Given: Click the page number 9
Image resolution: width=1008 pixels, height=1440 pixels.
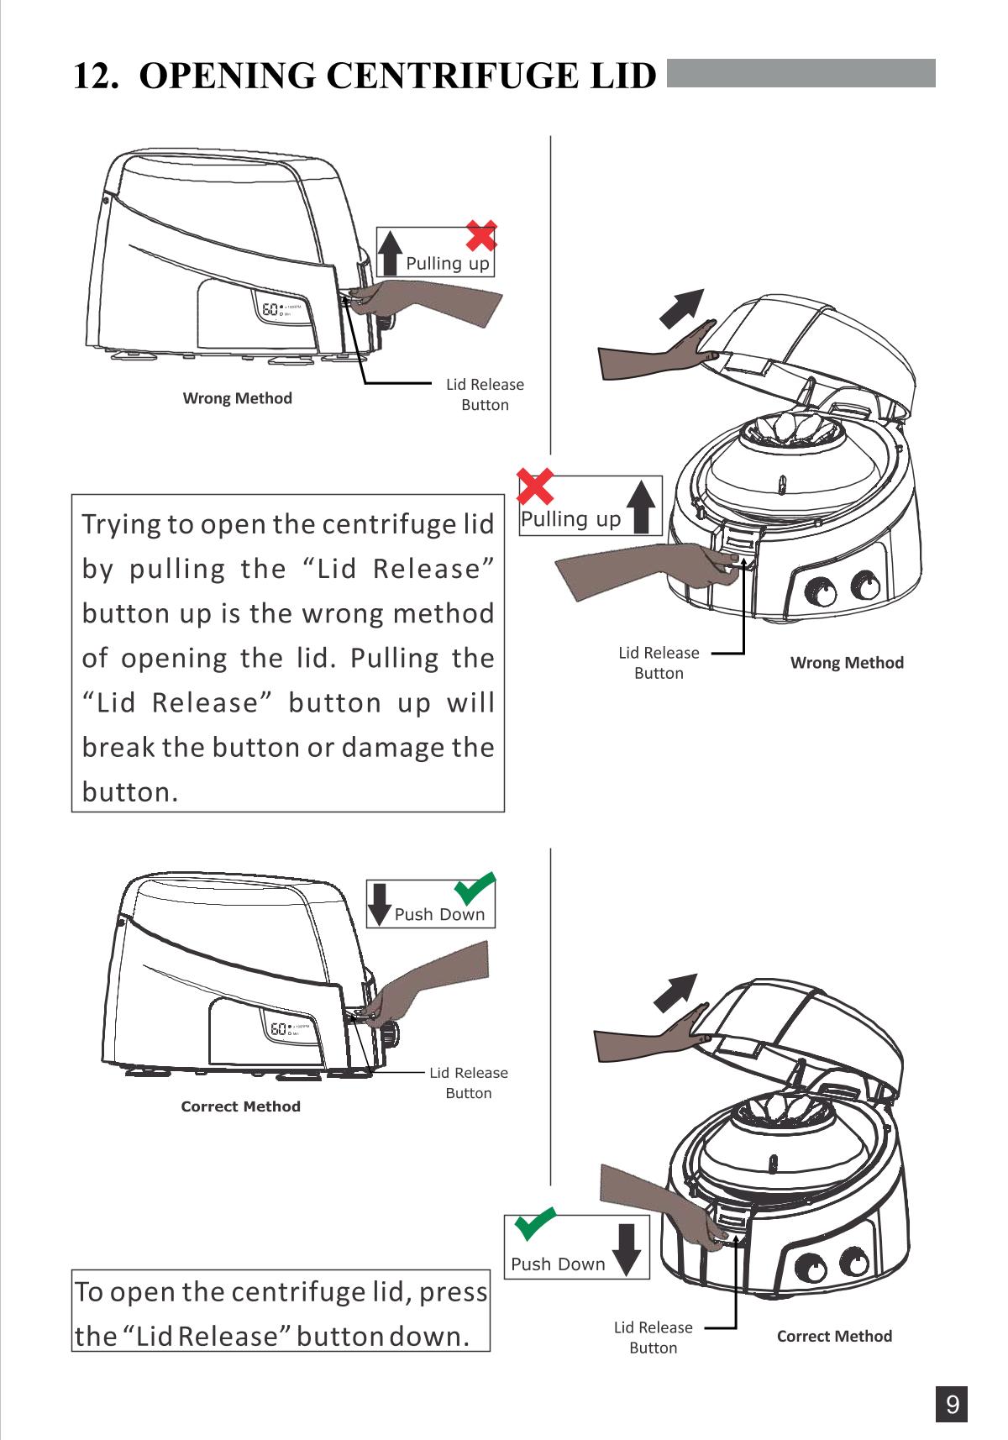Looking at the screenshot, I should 952,1405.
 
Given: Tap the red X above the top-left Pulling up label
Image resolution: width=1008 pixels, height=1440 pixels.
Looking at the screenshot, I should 481,236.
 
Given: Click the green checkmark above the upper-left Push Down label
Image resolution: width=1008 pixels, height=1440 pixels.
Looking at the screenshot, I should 475,887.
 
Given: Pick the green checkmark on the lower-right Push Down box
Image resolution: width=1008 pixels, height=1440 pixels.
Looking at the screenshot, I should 535,1224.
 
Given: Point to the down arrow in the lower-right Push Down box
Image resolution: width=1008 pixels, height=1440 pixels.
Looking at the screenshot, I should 627,1249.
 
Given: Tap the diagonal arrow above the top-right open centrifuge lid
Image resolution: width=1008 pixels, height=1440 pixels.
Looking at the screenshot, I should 681,308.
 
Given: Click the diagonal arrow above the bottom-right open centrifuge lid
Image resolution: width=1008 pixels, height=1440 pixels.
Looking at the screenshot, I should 676,993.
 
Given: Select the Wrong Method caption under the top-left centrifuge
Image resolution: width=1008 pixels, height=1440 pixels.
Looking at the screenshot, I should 238,398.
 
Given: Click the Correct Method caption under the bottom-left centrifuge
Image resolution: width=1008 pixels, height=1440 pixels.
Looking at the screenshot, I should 241,1106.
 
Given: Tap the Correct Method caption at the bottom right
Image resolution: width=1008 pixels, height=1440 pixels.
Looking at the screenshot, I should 834,1336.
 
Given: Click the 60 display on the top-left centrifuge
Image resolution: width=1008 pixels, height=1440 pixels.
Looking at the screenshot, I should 271,312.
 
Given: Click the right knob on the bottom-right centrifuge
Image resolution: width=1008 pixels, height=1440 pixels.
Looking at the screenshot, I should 853,1267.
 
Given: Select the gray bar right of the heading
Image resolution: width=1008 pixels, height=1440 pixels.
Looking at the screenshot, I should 801,73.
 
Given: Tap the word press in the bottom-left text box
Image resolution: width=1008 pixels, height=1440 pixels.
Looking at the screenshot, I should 452,1291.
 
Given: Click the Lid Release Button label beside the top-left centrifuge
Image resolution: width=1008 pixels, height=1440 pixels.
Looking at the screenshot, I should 485,395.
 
